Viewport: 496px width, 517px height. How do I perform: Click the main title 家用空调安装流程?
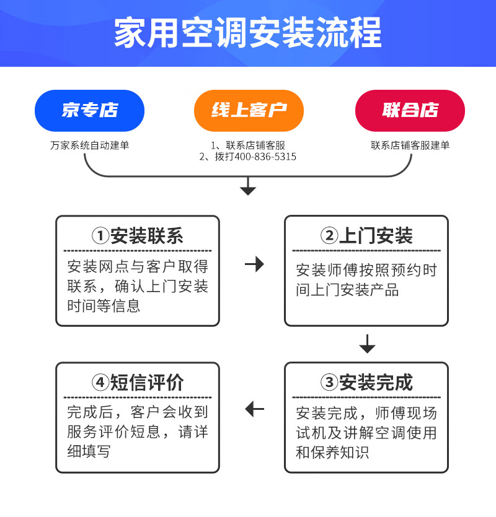pyautogui.click(x=248, y=32)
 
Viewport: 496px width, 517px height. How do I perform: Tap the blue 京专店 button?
pyautogui.click(x=89, y=110)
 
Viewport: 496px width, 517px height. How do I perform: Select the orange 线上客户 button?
pyautogui.click(x=249, y=110)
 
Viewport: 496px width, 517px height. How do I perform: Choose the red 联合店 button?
pyautogui.click(x=410, y=110)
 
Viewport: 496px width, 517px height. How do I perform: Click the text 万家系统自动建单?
pyautogui.click(x=90, y=146)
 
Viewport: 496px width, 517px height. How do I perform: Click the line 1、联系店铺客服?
pyautogui.click(x=248, y=146)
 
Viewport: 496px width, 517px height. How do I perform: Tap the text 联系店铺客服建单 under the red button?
pyautogui.click(x=410, y=146)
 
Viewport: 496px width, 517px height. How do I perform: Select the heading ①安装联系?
pyautogui.click(x=138, y=236)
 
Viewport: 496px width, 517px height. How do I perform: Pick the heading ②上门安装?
pyautogui.click(x=366, y=236)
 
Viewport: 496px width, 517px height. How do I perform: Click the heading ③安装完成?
pyautogui.click(x=366, y=383)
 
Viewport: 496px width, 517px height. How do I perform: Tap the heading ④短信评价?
pyautogui.click(x=138, y=383)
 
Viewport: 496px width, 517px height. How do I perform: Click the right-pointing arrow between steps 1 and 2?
pyautogui.click(x=254, y=264)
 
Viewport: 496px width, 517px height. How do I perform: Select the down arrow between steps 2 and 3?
pyautogui.click(x=367, y=344)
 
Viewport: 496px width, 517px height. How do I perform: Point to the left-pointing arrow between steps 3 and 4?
pyautogui.click(x=254, y=409)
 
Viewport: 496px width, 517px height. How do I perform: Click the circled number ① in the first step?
pyautogui.click(x=100, y=236)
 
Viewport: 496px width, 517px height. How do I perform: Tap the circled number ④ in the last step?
pyautogui.click(x=100, y=383)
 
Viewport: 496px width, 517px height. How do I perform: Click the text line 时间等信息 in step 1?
pyautogui.click(x=104, y=306)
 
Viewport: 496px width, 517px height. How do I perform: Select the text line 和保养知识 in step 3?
pyautogui.click(x=332, y=453)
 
